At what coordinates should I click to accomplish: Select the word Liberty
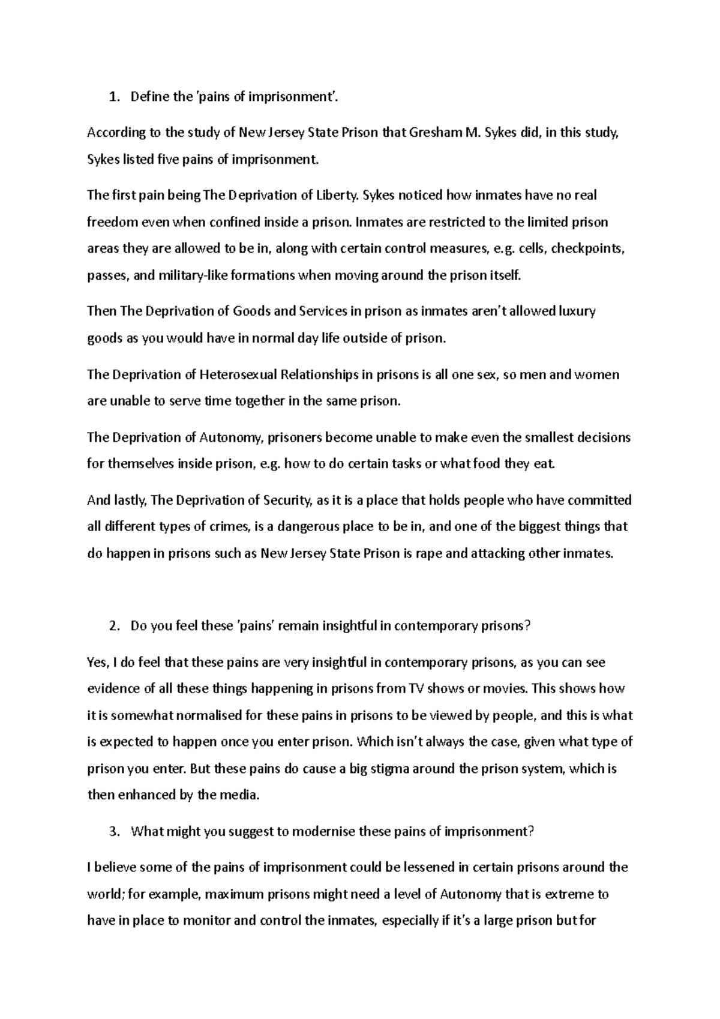[337, 195]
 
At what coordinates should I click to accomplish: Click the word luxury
[577, 311]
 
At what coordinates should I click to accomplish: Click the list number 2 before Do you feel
[113, 626]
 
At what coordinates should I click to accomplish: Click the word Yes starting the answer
[97, 662]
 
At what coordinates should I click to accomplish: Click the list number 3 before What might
[113, 832]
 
